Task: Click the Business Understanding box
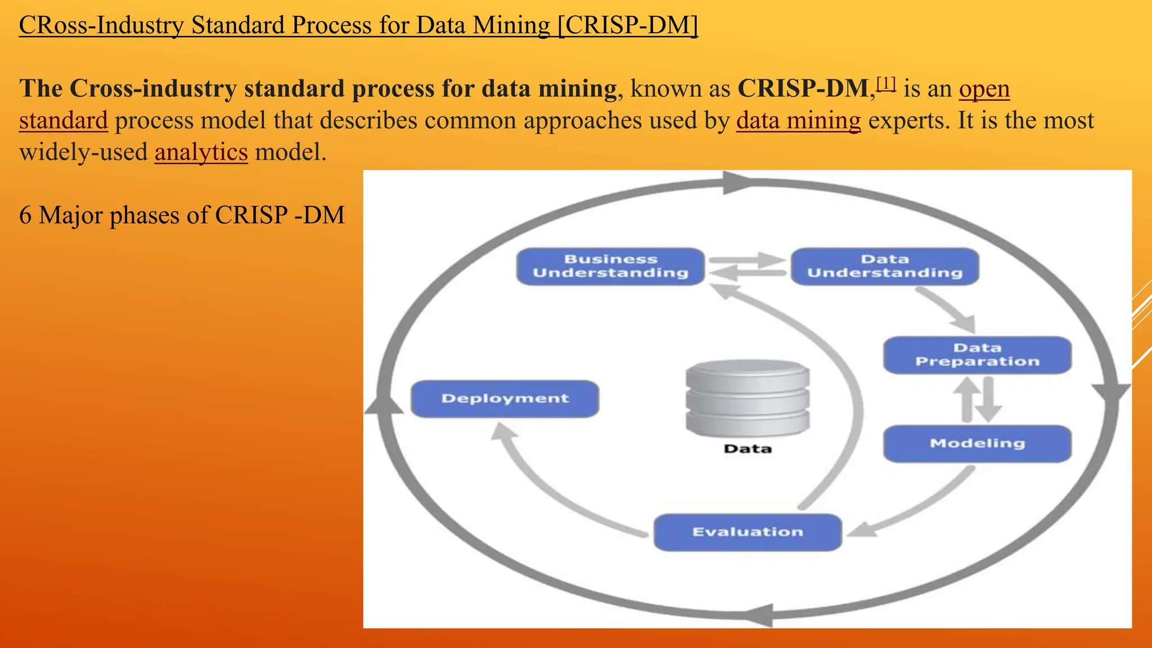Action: tap(610, 266)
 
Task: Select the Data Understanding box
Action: tap(885, 266)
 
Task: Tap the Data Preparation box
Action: tap(977, 355)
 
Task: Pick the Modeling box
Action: tap(977, 443)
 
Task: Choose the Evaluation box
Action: tap(748, 532)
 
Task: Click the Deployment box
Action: tap(505, 399)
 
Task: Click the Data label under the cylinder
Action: tap(748, 449)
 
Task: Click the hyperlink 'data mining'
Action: tap(798, 120)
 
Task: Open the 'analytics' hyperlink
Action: tap(201, 152)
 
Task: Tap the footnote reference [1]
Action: tap(886, 84)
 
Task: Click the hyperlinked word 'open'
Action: tap(984, 89)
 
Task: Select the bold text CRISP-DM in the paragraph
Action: tap(804, 88)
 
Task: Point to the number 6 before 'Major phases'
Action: tap(25, 215)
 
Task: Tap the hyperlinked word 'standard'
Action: tap(63, 120)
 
